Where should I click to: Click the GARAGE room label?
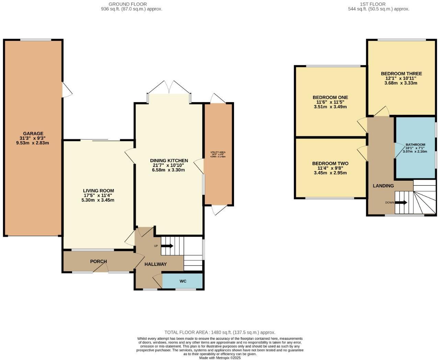point(33,134)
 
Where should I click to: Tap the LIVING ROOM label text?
point(99,191)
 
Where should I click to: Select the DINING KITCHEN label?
point(169,160)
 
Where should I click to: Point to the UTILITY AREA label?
point(218,152)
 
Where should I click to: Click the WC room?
point(183,281)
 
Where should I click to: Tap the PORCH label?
point(99,261)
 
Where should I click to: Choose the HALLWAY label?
point(155,264)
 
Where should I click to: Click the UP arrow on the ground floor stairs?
point(167,246)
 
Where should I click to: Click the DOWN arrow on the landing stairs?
point(401,203)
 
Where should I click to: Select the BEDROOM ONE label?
point(330,97)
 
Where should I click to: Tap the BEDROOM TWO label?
point(330,164)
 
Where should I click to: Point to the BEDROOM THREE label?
point(401,74)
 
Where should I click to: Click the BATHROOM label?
point(415,145)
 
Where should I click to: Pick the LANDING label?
point(383,186)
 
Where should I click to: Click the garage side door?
point(67,90)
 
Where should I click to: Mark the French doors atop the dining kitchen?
point(169,88)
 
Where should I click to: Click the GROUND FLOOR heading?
point(128,4)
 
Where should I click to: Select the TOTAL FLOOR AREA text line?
point(220,332)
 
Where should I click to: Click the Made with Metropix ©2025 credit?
point(220,358)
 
